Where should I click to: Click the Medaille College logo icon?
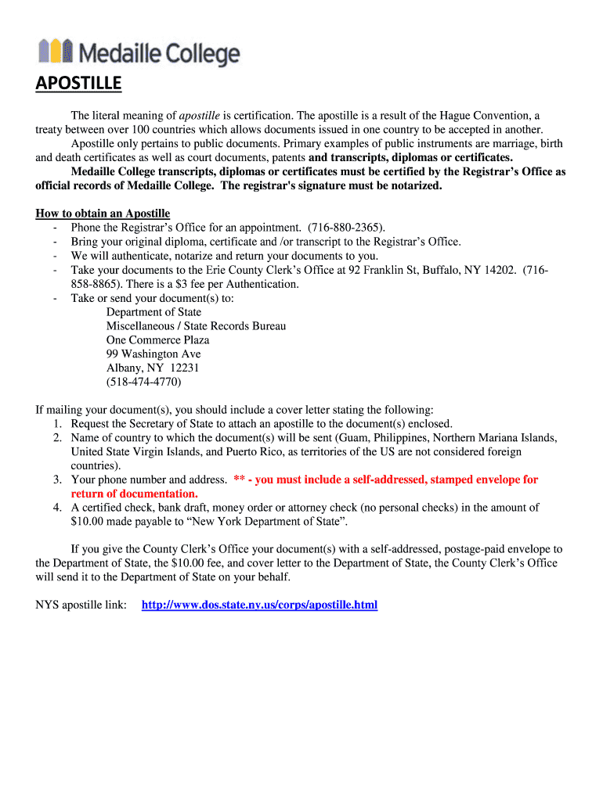(56, 52)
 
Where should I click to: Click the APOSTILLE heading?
(78, 84)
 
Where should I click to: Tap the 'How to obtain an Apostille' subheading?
(103, 214)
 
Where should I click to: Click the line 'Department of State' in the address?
(153, 312)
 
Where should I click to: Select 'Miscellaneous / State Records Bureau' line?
(196, 326)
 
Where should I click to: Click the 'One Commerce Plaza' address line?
(157, 340)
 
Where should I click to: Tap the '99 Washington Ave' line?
(153, 354)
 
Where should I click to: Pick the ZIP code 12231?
(185, 368)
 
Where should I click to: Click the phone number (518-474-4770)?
(143, 383)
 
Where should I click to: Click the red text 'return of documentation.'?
(134, 494)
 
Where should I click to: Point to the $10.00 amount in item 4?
(88, 522)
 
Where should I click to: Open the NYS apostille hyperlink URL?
(259, 605)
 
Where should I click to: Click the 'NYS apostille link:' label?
(81, 605)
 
